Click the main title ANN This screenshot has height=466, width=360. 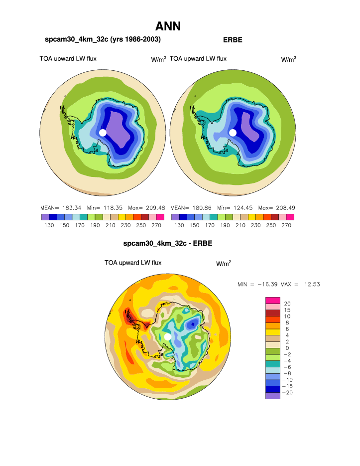[x=168, y=26]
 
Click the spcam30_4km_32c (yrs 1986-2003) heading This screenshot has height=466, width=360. [x=103, y=39]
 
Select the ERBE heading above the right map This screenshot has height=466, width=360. [x=233, y=39]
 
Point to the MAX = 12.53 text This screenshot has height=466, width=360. [x=300, y=284]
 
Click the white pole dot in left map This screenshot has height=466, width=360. [x=103, y=133]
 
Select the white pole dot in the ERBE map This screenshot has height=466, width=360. [x=233, y=133]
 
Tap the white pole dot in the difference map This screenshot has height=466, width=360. [x=168, y=337]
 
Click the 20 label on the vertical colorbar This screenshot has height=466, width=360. [x=287, y=304]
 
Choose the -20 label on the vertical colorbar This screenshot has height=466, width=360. [x=287, y=393]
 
